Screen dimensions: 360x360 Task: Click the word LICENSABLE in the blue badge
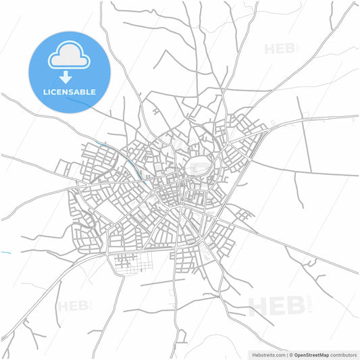click(x=69, y=91)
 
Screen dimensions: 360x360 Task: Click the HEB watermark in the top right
click(x=279, y=49)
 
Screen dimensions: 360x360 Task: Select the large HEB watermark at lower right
click(x=277, y=305)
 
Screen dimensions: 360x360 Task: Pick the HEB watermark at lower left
click(x=73, y=306)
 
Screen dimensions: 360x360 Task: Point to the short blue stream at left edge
click(x=5, y=253)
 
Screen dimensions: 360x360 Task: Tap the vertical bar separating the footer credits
click(x=286, y=354)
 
